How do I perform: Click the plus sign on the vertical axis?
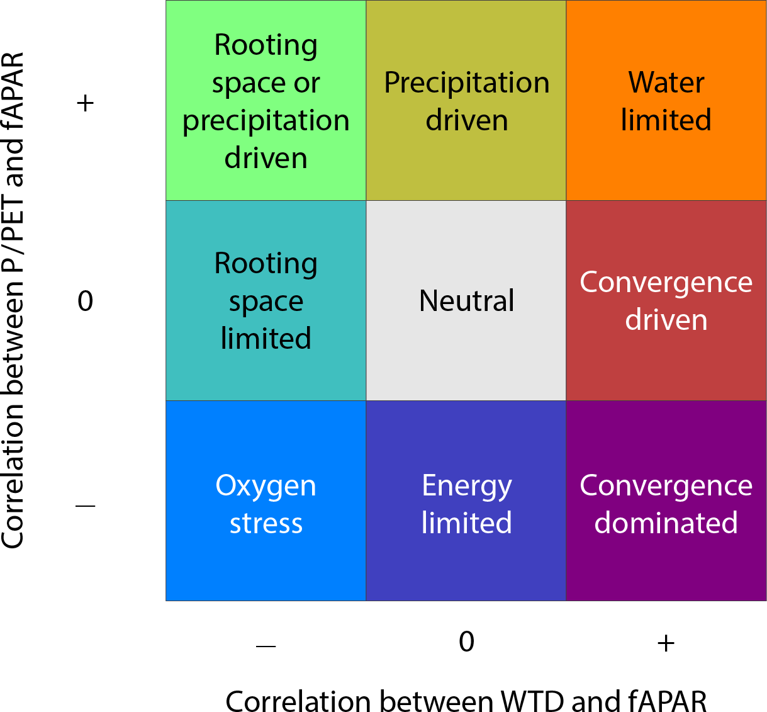85,103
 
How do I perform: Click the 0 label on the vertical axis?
85,301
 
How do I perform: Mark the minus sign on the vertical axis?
85,506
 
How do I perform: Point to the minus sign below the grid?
266,645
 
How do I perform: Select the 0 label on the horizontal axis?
466,641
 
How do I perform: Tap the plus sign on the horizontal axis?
666,643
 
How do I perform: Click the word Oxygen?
266,487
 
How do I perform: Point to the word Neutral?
466,301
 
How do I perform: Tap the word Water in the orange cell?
666,82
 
